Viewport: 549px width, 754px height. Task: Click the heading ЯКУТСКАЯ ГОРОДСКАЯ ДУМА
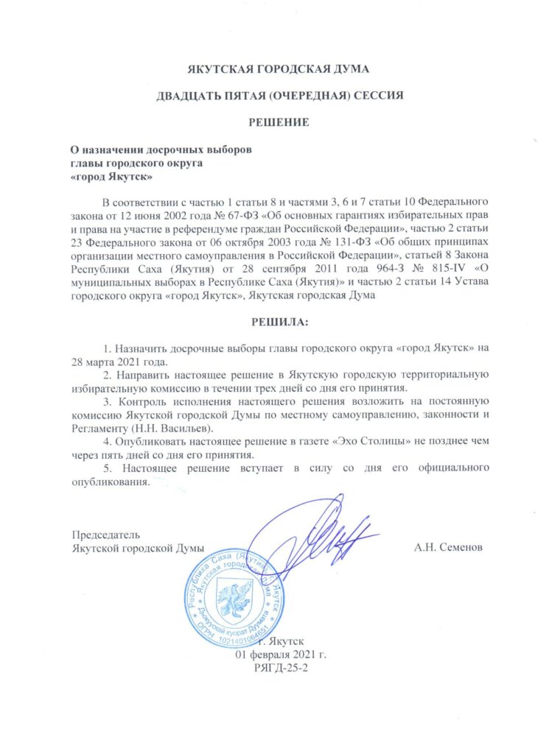pos(275,71)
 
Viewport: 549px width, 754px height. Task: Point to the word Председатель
pos(105,534)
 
